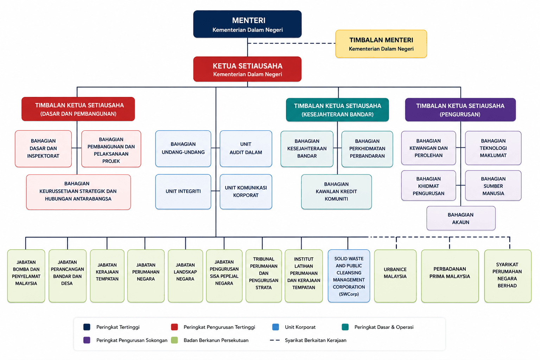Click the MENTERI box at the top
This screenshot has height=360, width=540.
pos(247,24)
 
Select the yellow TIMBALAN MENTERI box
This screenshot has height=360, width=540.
pos(381,44)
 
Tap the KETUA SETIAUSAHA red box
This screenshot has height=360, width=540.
pos(247,69)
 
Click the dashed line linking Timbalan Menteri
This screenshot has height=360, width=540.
pos(291,43)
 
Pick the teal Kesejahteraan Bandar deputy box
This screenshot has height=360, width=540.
pos(337,110)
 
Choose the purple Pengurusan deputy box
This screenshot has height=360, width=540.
pos(460,110)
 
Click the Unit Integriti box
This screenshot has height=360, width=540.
pos(183,192)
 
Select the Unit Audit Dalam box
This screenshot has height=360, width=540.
pos(246,149)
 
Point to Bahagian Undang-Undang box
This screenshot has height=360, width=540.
pos(183,149)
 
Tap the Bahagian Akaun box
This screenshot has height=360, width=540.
pos(461,218)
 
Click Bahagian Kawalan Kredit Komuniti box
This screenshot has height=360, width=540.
pos(336,192)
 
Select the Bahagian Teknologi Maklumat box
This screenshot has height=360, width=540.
pos(493,148)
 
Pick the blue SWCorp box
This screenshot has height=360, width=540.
pos(349,276)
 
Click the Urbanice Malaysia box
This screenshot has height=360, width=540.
pos(395,276)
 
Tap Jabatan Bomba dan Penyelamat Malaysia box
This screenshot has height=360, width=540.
pos(26,276)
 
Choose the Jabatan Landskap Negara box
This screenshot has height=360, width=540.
pos(185,276)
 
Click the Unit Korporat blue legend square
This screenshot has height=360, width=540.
pos(275,327)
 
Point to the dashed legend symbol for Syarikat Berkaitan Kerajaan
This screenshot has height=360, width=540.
pos(275,340)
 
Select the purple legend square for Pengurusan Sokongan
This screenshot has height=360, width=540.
pos(87,340)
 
